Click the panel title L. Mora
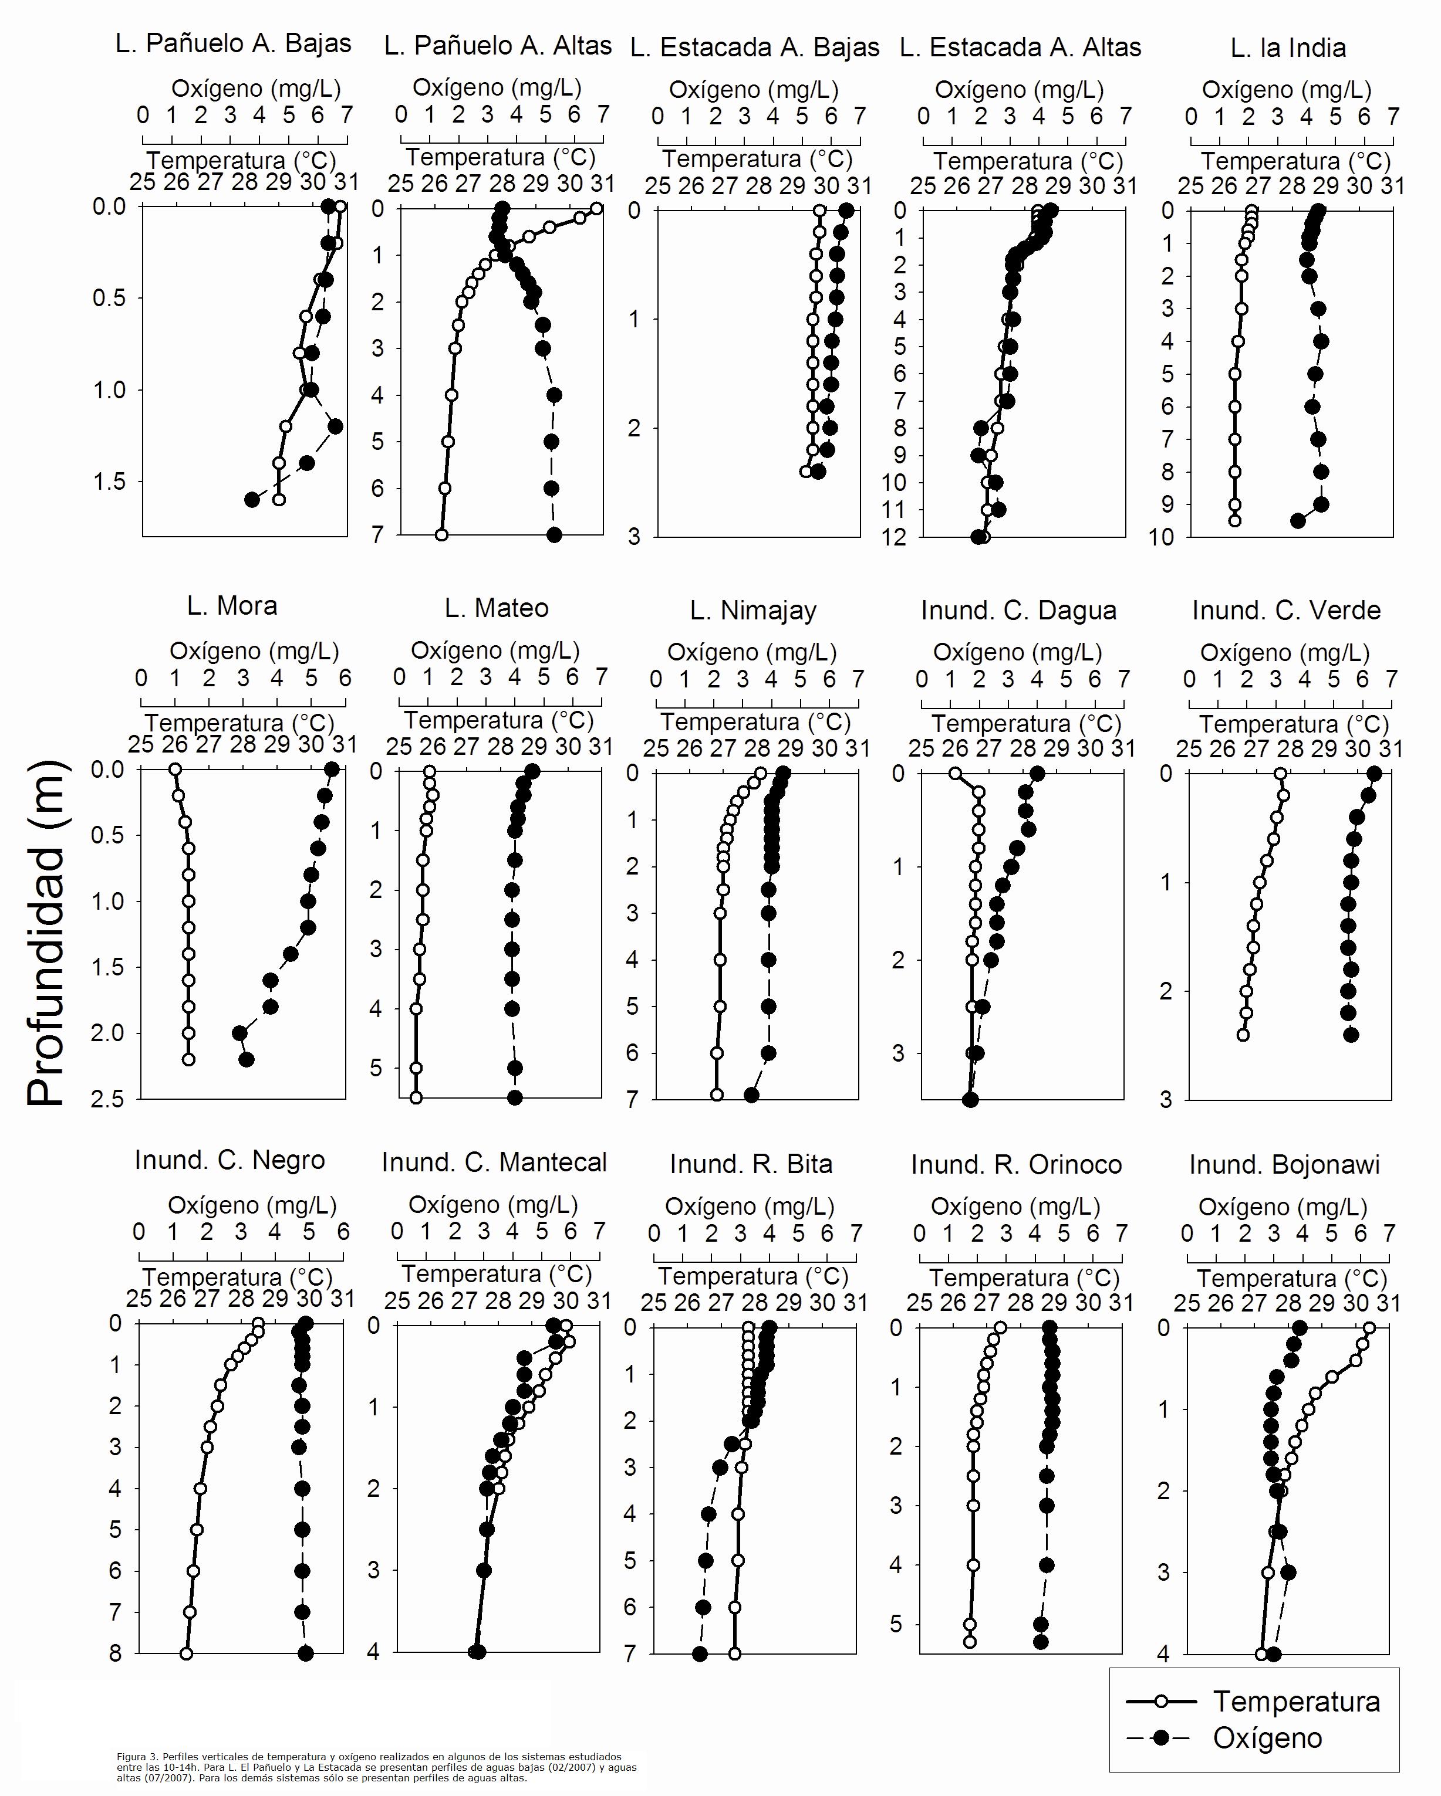click(232, 606)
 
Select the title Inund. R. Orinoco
click(1016, 1164)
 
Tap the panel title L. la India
click(1288, 48)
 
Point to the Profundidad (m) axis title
click(46, 933)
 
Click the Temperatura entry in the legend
click(1296, 1700)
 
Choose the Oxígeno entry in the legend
click(1267, 1738)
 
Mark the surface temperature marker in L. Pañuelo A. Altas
click(596, 208)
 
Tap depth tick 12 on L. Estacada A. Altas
click(895, 537)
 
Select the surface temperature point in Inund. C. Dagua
click(955, 774)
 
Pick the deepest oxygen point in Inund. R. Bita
click(700, 1653)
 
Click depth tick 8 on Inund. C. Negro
click(116, 1653)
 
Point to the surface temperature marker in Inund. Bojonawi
click(1368, 1328)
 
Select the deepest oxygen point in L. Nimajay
click(751, 1094)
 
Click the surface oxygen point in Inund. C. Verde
click(1374, 774)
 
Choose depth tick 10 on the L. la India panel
click(1161, 537)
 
